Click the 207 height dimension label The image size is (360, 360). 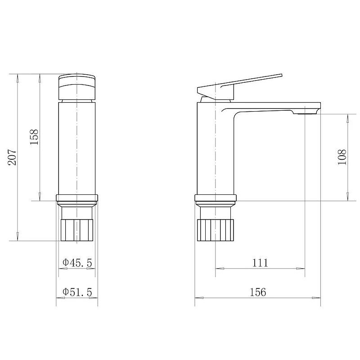12,157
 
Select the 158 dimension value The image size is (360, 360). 34,137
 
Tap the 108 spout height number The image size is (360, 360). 342,157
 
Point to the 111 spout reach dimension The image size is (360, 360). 260,263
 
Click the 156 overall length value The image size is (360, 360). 258,292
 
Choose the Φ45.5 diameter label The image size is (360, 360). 77,263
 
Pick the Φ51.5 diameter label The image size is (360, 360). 77,292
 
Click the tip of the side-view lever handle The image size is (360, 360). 282,76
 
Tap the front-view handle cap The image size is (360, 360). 76,87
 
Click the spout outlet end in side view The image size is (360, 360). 318,111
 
